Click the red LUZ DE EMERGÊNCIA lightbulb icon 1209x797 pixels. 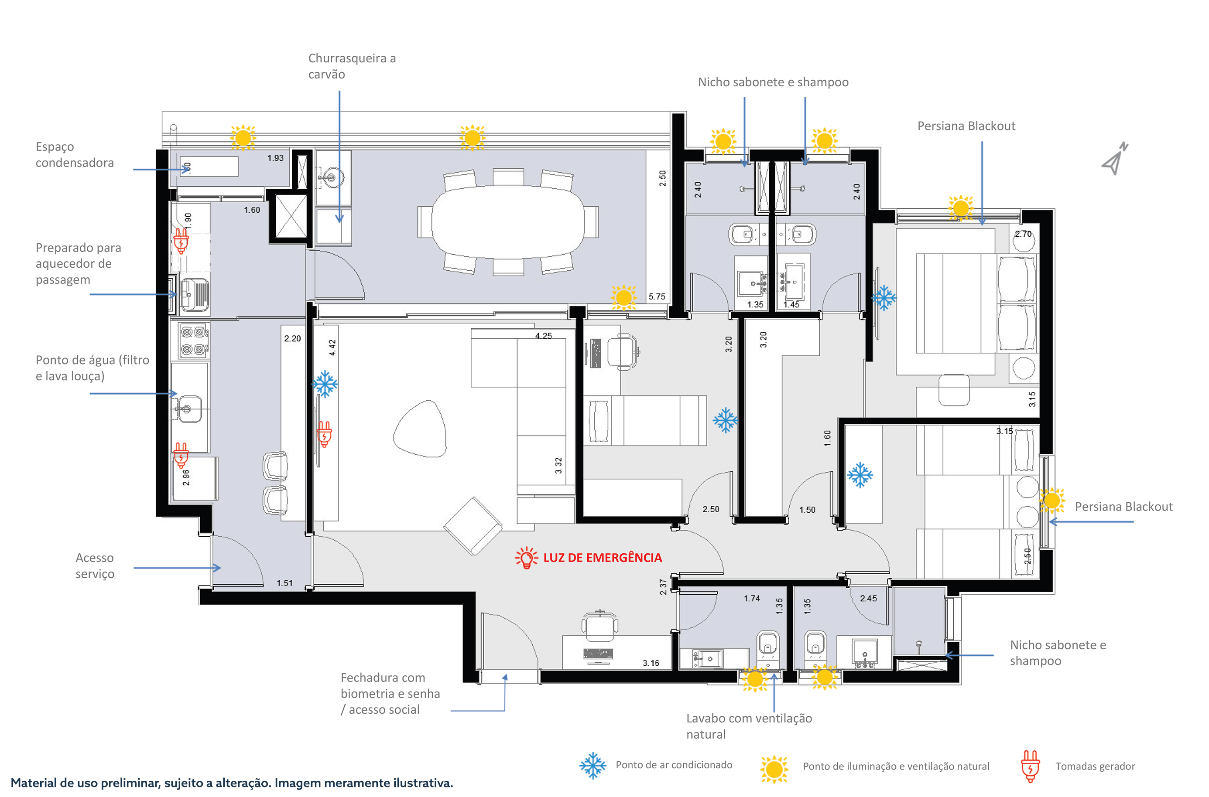[527, 558]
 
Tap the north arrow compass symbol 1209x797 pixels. [1115, 159]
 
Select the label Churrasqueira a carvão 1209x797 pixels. [352, 66]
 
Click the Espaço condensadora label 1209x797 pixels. [74, 154]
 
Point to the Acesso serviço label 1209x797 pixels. [95, 566]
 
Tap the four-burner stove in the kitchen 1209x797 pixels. [194, 341]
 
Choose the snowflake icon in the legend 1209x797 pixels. [593, 766]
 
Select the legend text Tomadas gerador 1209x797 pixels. [1095, 766]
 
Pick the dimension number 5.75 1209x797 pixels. [657, 296]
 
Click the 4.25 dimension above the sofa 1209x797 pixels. [543, 335]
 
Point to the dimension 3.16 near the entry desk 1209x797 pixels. [651, 663]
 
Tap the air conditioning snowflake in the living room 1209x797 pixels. [325, 384]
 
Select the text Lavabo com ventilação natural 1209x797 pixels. [749, 726]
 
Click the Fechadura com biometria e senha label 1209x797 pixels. [390, 693]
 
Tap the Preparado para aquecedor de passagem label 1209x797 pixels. [79, 263]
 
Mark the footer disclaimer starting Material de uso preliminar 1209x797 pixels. [232, 783]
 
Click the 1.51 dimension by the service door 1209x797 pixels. [284, 583]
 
